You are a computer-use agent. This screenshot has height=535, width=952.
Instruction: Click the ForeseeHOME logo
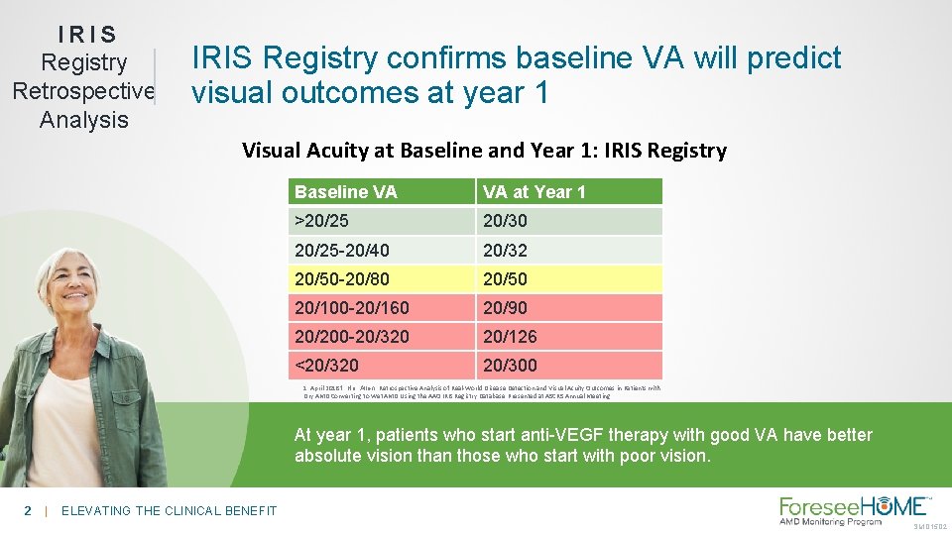[854, 510]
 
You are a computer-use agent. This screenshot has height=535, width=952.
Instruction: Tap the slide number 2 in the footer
[28, 510]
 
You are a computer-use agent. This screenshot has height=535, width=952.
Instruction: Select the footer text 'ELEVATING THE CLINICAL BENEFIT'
[169, 510]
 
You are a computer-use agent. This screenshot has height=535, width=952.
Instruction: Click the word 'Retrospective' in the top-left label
[83, 91]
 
